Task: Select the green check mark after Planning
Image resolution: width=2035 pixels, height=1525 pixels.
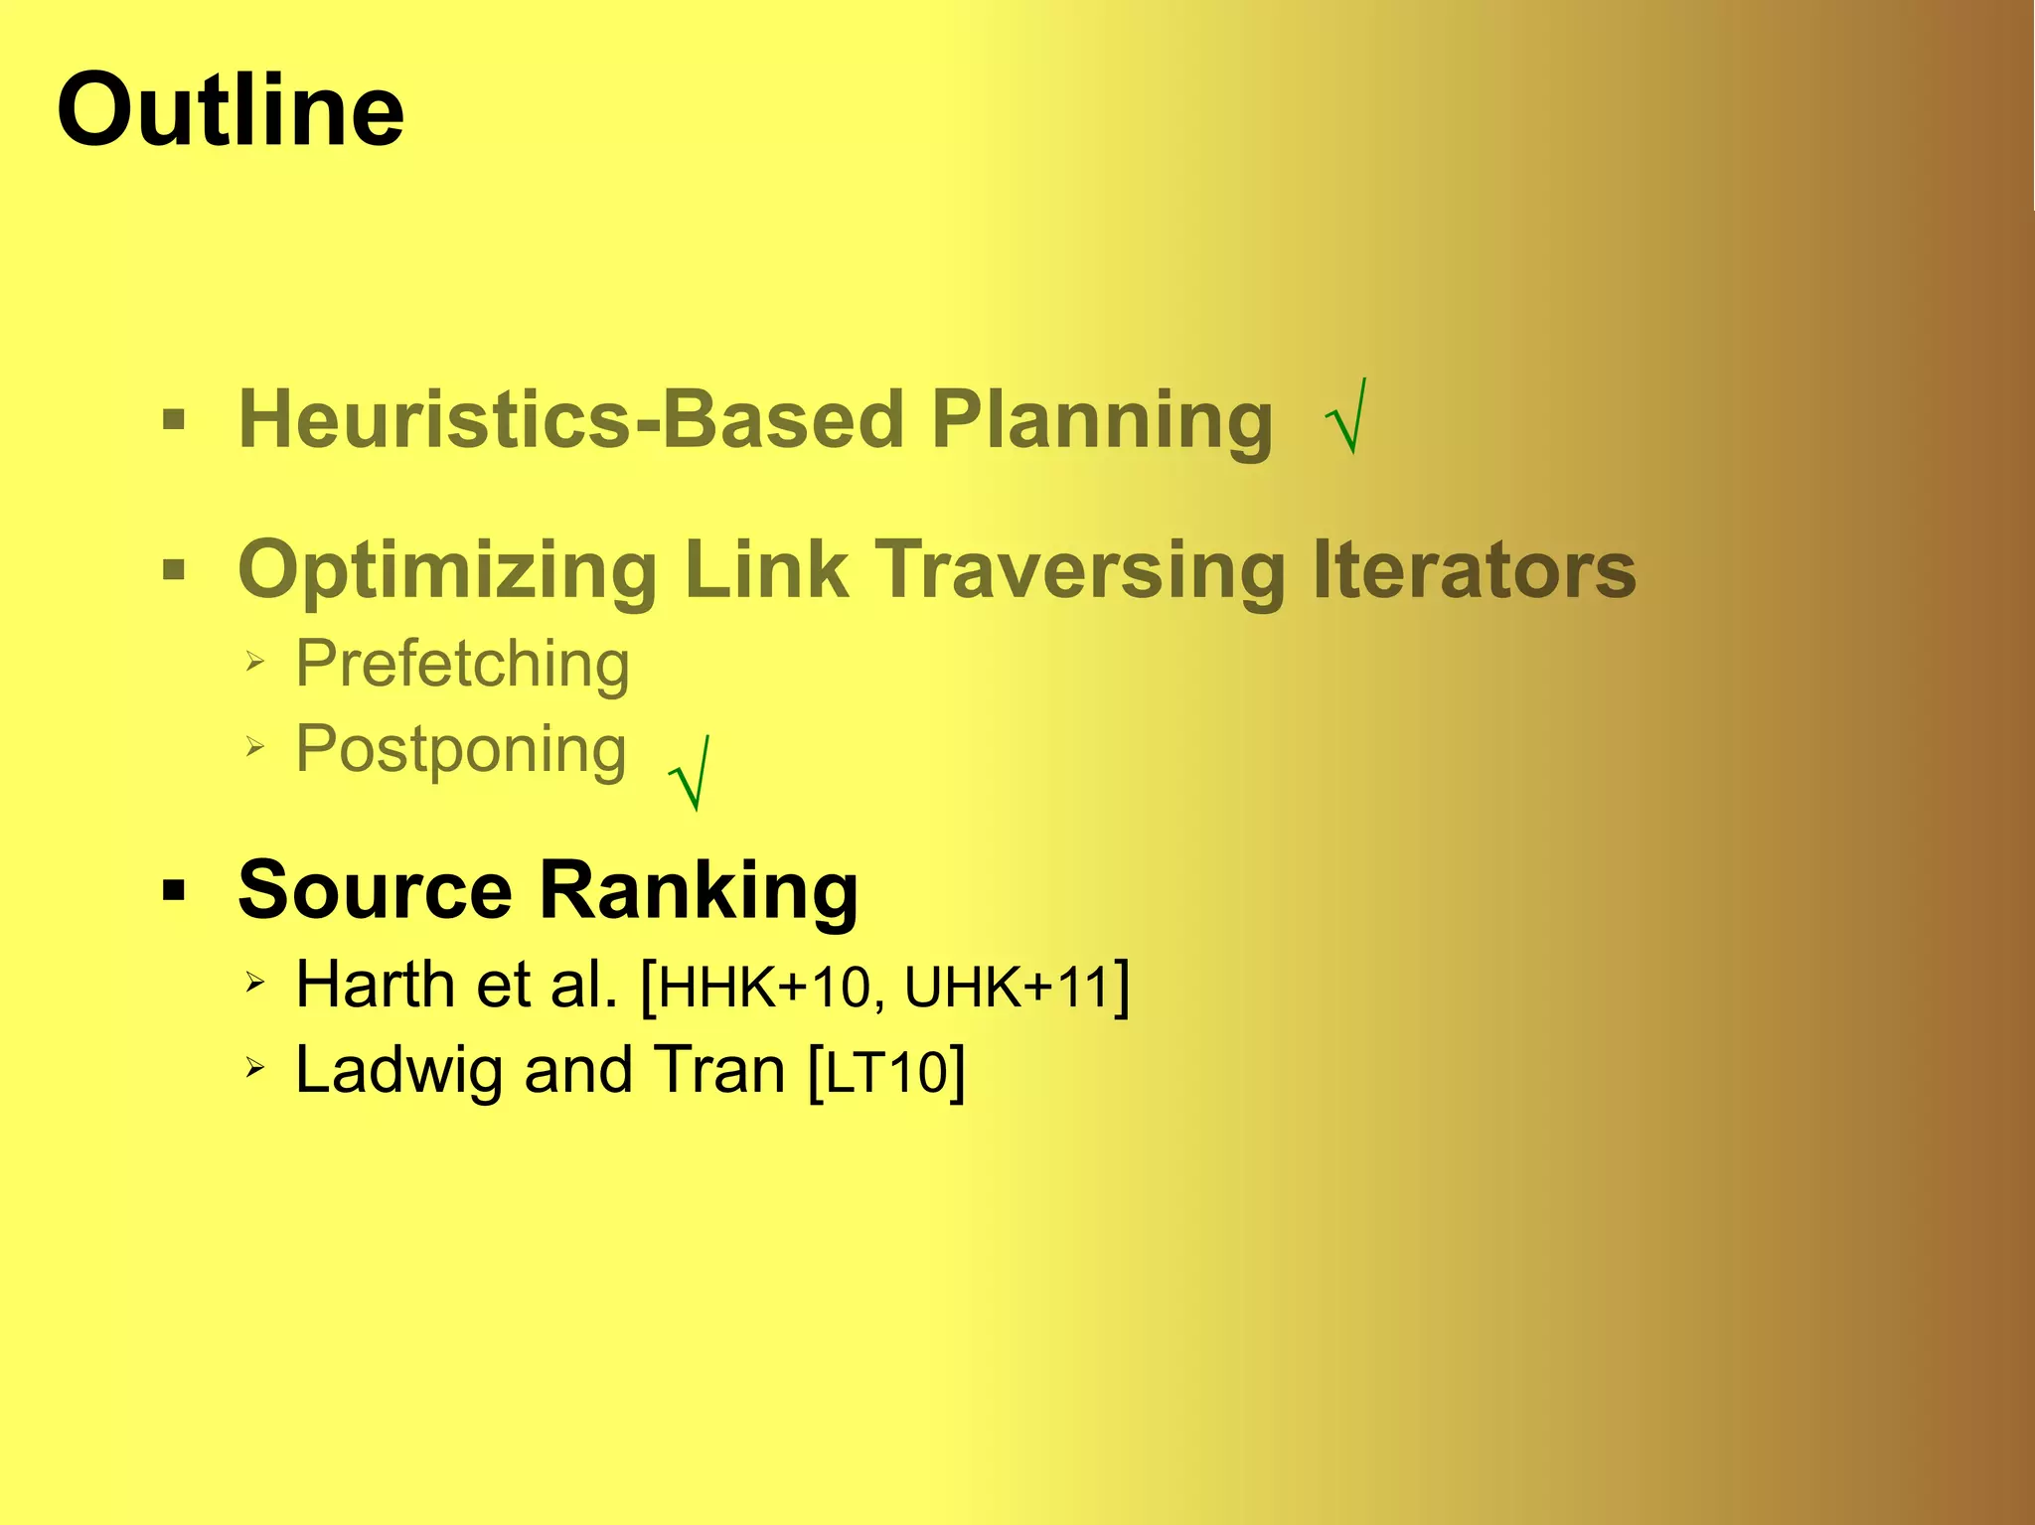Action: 1348,417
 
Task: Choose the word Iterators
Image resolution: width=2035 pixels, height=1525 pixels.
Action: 1475,570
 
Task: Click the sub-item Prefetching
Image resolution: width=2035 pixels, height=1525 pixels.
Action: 463,664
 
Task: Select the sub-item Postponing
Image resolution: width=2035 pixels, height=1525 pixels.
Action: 461,750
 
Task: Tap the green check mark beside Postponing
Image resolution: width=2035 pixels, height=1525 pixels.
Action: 691,774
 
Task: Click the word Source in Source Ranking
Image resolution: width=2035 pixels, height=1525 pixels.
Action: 375,889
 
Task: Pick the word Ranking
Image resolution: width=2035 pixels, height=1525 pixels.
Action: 699,891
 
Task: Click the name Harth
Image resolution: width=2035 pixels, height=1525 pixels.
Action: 375,985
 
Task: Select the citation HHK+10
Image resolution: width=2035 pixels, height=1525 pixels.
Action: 764,988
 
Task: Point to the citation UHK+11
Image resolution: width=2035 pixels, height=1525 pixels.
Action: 1006,988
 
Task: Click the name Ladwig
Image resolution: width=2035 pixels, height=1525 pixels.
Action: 399,1071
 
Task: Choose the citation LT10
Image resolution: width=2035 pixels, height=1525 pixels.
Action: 887,1073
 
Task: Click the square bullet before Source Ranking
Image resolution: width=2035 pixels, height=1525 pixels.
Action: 174,890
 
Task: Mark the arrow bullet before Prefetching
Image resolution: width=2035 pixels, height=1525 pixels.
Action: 255,661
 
